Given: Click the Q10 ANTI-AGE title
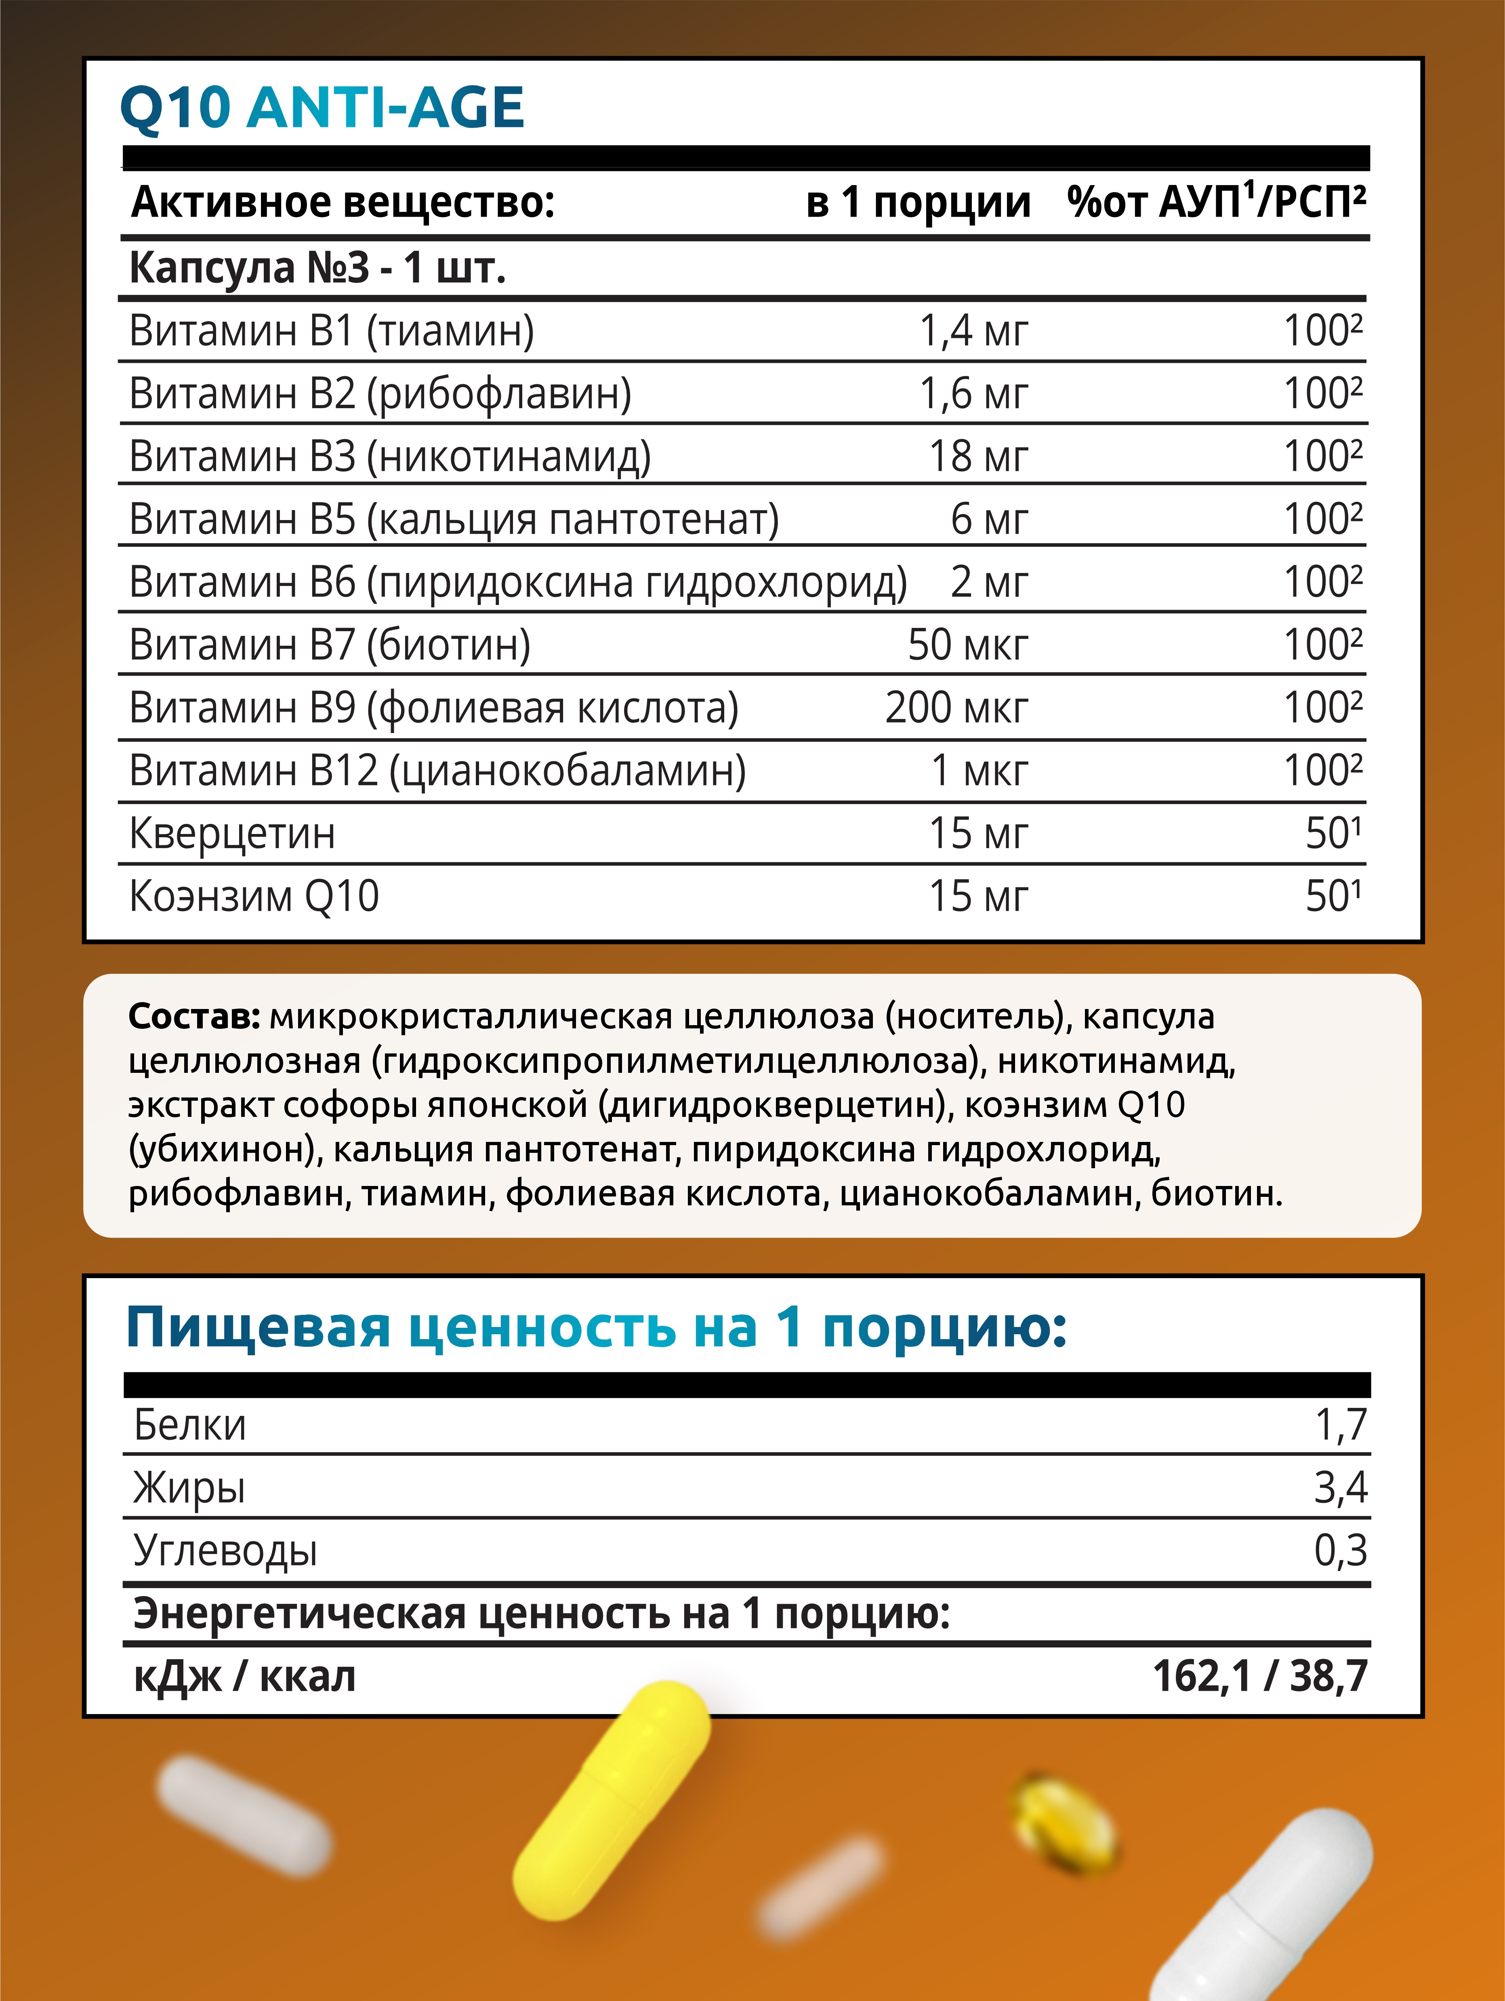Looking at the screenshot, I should (322, 109).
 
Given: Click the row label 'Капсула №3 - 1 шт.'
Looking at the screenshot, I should (317, 268).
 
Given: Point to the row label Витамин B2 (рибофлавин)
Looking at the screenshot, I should (380, 394).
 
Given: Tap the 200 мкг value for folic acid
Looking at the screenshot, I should (956, 708).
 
